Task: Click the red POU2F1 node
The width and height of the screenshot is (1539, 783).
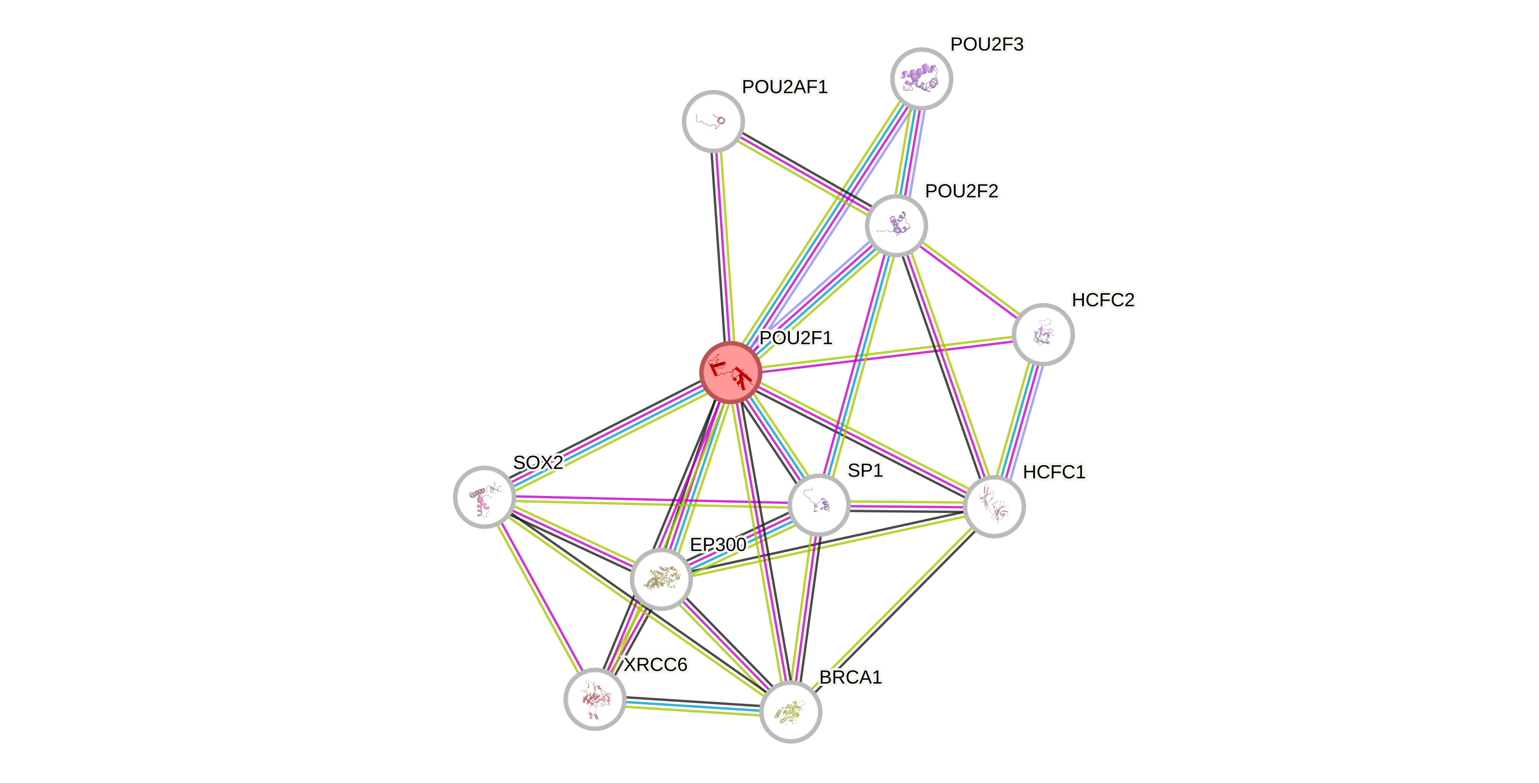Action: coord(730,372)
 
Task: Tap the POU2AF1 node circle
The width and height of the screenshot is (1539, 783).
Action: coord(713,121)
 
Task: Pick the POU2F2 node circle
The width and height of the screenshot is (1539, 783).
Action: coord(896,225)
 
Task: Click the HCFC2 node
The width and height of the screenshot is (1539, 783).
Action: coord(1043,334)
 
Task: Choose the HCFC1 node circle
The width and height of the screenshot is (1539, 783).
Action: coord(994,506)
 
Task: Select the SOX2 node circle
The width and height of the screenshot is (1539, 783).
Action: coord(484,497)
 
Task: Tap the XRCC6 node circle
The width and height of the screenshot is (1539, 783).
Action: coord(594,699)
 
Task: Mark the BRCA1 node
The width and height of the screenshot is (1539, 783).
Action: coord(790,712)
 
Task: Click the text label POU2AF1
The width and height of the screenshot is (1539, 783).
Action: coord(785,87)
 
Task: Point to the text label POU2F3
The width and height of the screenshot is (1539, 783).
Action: coord(986,44)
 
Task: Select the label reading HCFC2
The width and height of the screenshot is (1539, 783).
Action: coord(1103,300)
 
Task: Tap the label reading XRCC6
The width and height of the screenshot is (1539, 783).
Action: coord(655,665)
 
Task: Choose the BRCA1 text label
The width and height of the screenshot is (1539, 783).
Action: coord(850,677)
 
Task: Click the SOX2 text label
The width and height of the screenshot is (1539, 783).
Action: coord(537,462)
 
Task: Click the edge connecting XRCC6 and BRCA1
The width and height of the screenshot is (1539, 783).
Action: coord(693,705)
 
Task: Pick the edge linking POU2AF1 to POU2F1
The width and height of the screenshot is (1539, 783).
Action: coord(722,245)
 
